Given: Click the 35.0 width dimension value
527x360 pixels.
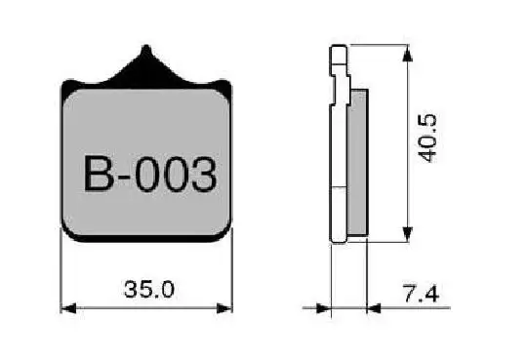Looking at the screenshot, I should point(149,289).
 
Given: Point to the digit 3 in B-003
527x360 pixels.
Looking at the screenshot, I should point(200,176).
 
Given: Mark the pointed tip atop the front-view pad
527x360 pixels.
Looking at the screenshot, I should point(146,49).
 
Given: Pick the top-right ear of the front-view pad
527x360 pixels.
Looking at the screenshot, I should point(226,89).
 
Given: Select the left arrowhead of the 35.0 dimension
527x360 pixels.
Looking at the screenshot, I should point(67,308).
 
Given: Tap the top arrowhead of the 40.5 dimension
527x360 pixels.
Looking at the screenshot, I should point(407,51).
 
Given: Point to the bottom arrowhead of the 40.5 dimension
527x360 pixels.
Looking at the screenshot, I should point(407,235).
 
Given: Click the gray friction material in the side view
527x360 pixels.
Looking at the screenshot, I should point(357,161).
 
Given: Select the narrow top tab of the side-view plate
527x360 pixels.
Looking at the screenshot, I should point(337,59).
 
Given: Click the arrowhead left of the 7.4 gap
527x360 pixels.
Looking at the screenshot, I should point(325,308).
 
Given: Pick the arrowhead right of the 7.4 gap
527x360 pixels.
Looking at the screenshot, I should point(374,308).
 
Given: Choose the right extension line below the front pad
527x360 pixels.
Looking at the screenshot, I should point(232,278).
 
